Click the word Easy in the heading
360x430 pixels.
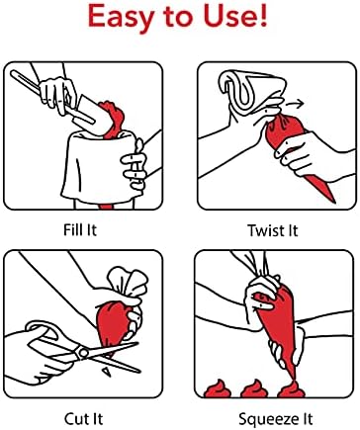pyautogui.click(x=121, y=17)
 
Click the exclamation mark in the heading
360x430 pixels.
pyautogui.click(x=263, y=15)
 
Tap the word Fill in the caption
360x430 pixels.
pyautogui.click(x=72, y=229)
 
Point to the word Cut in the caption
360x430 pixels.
pyautogui.click(x=75, y=419)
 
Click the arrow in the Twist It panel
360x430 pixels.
pyautogui.click(x=295, y=105)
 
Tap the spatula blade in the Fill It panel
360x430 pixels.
pyautogui.click(x=88, y=112)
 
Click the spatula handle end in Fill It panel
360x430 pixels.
pyautogui.click(x=14, y=74)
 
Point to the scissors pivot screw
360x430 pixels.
pyautogui.click(x=83, y=353)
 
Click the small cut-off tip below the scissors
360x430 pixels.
pyautogui.click(x=107, y=372)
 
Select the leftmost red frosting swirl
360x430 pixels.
pyautogui.click(x=217, y=388)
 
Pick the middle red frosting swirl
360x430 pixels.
pyautogui.click(x=254, y=388)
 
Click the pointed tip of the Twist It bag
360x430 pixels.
pyautogui.click(x=333, y=201)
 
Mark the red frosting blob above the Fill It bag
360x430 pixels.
pyautogui.click(x=114, y=120)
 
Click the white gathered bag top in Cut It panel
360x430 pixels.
pyautogui.click(x=127, y=283)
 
